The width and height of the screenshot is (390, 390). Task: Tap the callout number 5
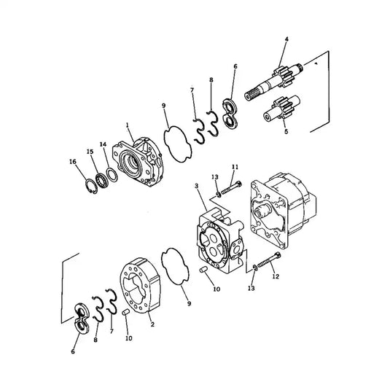[x=286, y=132]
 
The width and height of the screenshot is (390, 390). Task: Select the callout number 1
[x=129, y=126]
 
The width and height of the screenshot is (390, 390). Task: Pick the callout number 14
[x=103, y=145]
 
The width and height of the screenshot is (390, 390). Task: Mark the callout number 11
[x=235, y=167]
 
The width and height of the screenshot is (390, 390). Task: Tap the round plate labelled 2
[x=141, y=288]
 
